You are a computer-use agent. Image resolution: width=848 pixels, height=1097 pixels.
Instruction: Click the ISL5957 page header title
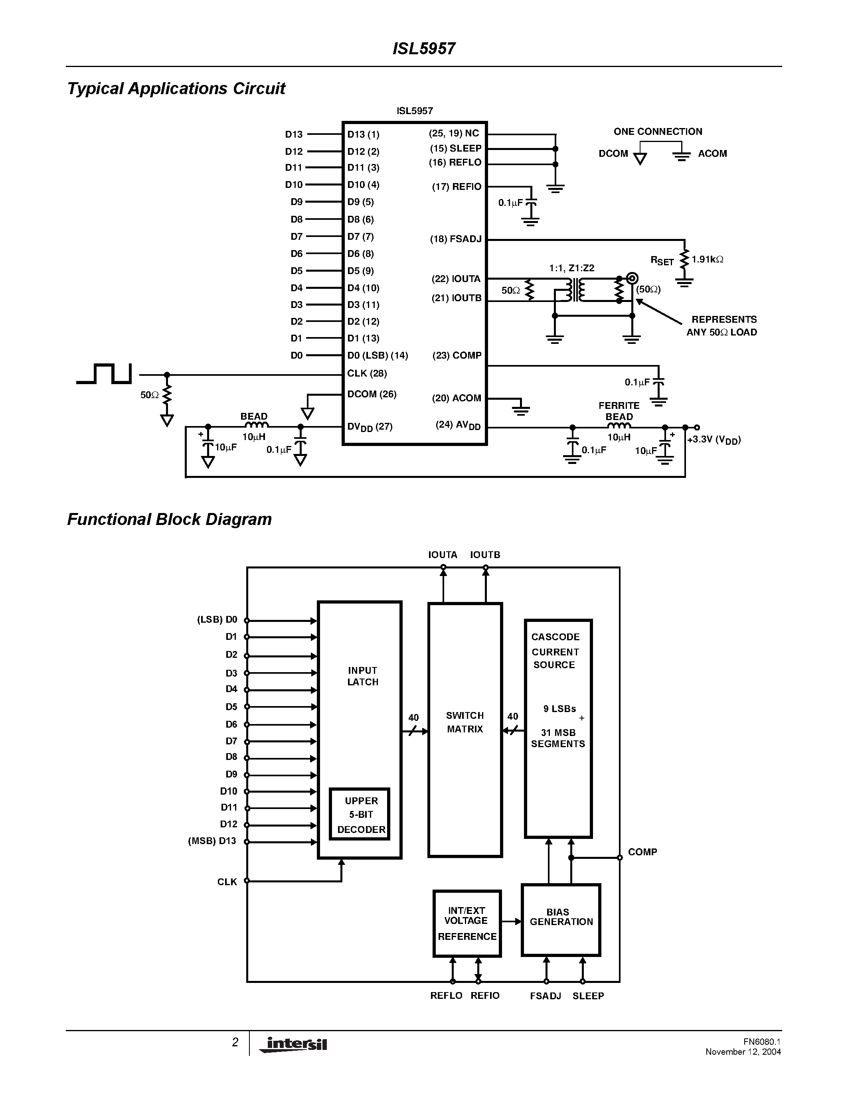pyautogui.click(x=423, y=49)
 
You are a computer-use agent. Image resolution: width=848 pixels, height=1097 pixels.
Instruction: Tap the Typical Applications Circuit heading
pyautogui.click(x=176, y=89)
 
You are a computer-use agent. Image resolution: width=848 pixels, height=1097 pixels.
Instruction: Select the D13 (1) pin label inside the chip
pyautogui.click(x=363, y=134)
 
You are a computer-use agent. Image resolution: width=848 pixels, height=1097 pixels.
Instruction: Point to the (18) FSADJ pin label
pyautogui.click(x=456, y=239)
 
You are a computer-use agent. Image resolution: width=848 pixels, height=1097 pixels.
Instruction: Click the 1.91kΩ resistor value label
pyautogui.click(x=708, y=260)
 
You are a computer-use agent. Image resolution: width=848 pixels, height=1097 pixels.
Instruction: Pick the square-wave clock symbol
pyautogui.click(x=105, y=374)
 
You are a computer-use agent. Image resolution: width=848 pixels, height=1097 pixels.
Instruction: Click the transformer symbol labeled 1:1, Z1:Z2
pyautogui.click(x=575, y=290)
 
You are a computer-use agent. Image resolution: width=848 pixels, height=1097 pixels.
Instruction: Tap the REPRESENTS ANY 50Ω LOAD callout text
pyautogui.click(x=722, y=326)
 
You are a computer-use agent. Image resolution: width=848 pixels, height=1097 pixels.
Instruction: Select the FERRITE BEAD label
pyautogui.click(x=619, y=411)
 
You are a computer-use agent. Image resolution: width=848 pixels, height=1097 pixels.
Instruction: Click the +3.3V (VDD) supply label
pyautogui.click(x=714, y=440)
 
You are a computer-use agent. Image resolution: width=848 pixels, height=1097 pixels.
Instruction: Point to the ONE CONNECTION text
pyautogui.click(x=658, y=132)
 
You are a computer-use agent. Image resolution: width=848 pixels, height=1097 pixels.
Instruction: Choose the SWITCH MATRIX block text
pyautogui.click(x=465, y=722)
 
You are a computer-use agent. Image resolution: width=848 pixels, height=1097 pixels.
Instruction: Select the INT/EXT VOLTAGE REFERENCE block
pyautogui.click(x=467, y=923)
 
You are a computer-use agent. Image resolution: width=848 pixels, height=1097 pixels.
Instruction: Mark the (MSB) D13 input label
pyautogui.click(x=212, y=841)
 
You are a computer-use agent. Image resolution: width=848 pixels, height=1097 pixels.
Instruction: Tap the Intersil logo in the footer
pyautogui.click(x=293, y=1045)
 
